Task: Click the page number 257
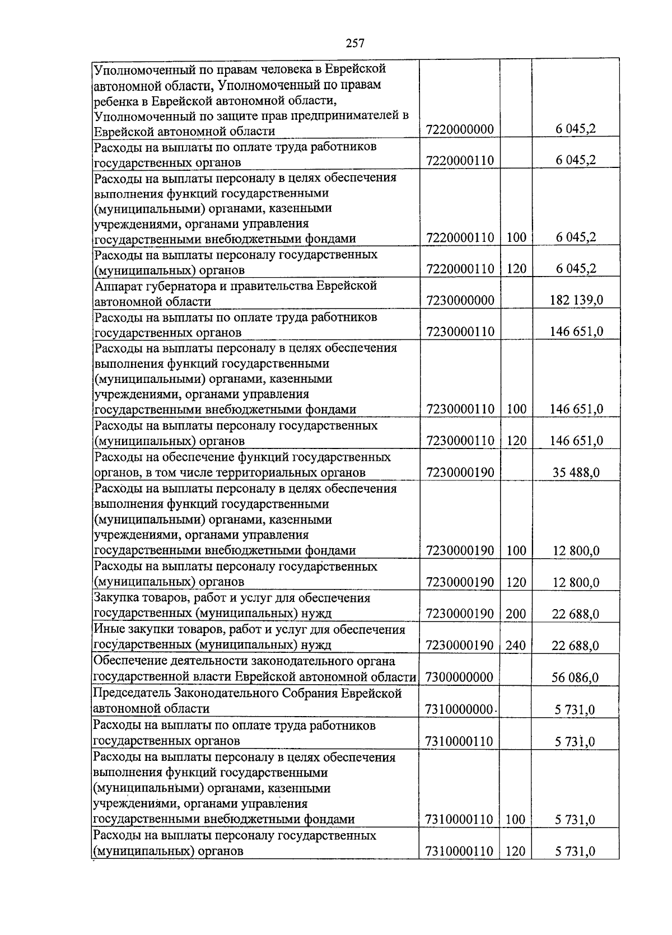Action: point(355,43)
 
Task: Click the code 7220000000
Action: point(460,130)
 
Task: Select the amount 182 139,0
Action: point(576,300)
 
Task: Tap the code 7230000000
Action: point(460,300)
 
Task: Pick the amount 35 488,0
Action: point(576,473)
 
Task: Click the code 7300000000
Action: point(460,677)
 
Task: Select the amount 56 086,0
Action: point(575,677)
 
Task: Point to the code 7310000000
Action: point(460,710)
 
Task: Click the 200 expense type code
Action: point(516,614)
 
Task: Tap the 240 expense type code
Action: point(516,646)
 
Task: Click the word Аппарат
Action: point(115,286)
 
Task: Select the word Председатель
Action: point(132,694)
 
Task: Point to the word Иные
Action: point(106,629)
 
